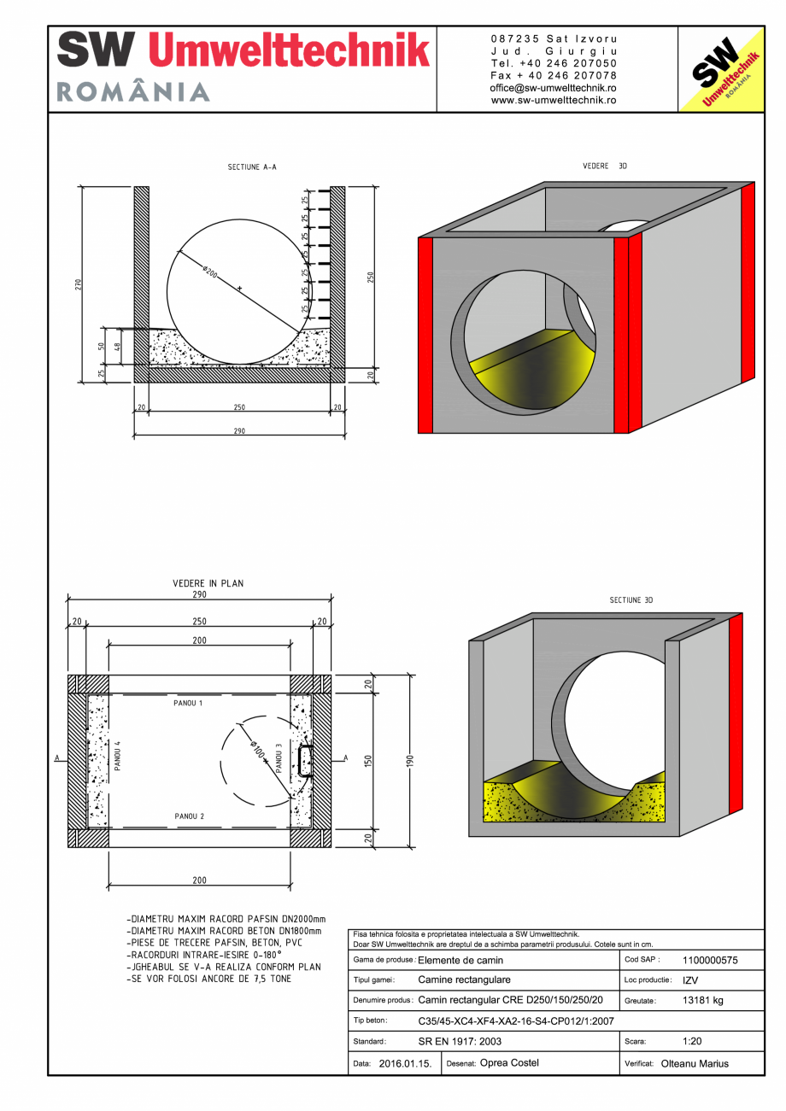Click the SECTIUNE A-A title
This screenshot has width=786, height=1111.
[251, 167]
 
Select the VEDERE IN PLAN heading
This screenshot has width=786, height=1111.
[208, 583]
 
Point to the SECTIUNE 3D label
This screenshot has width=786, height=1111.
[631, 600]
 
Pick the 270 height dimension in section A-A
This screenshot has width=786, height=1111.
[77, 284]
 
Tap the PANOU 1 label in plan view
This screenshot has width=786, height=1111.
[188, 704]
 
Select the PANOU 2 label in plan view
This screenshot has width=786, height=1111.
[189, 816]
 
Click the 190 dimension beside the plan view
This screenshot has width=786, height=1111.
[410, 760]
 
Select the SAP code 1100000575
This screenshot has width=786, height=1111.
[710, 960]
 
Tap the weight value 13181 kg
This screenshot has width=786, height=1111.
[703, 1000]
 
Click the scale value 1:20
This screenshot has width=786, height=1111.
[694, 1042]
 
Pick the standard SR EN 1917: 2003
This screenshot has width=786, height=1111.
[460, 1042]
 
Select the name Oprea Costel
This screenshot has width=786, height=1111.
[510, 1063]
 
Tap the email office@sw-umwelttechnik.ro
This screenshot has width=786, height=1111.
[554, 88]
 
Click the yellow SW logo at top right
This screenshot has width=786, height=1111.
[720, 69]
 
